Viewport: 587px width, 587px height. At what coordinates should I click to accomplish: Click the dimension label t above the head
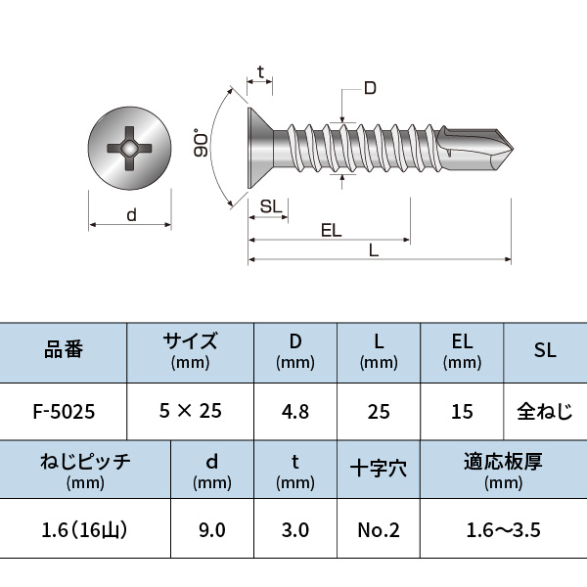260,72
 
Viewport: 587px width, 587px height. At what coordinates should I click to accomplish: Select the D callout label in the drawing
370,89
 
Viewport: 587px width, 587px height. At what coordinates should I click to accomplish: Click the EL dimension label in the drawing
331,230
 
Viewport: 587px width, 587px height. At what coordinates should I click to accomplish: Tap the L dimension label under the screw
374,250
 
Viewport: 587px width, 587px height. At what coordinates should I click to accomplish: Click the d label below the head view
131,215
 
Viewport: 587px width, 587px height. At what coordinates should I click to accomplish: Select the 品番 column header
64,349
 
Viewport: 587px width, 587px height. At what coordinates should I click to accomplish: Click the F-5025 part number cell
64,411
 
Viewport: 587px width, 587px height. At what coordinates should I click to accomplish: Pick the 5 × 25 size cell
190,411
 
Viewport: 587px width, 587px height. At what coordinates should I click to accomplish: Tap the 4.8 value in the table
294,411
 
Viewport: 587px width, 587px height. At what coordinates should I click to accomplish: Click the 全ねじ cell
545,411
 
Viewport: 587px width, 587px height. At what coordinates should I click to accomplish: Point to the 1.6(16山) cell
85,530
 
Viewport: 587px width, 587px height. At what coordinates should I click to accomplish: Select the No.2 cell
378,530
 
